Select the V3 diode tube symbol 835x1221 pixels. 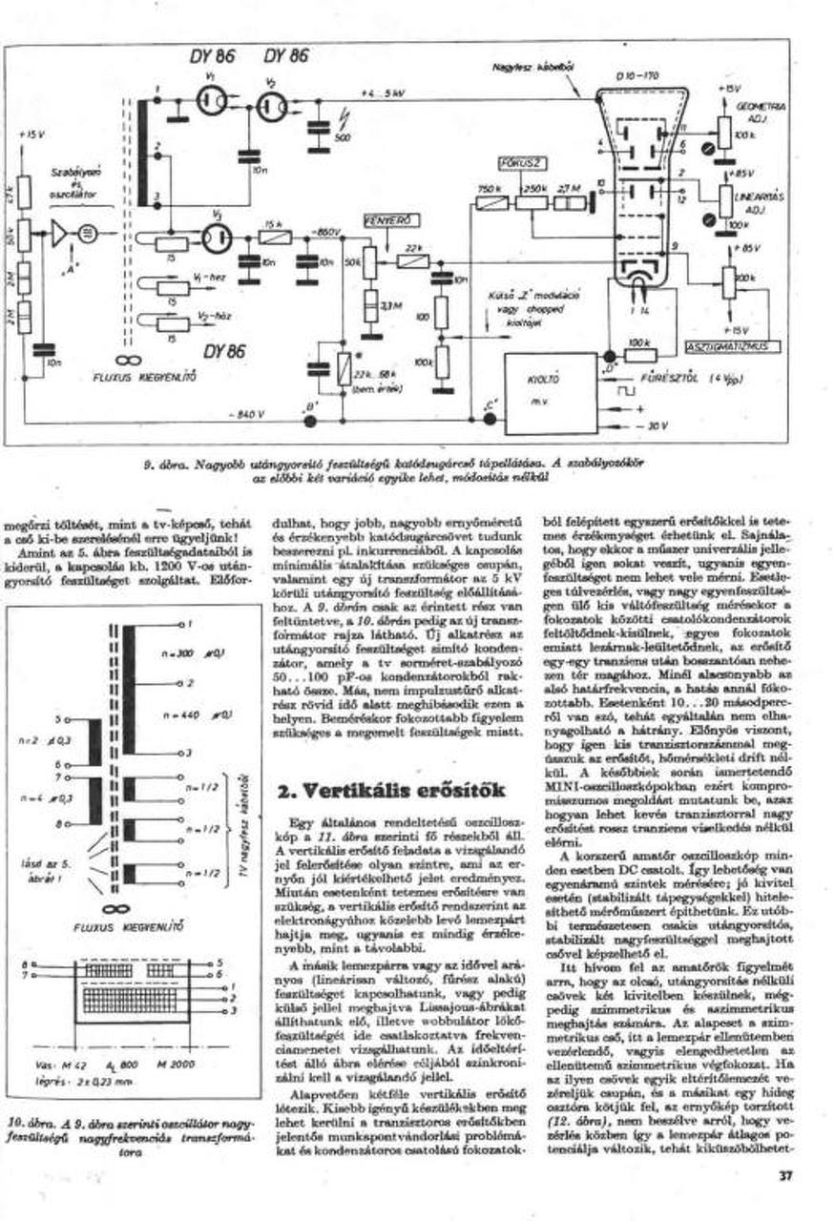tap(217, 237)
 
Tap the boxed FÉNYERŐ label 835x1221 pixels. tap(382, 221)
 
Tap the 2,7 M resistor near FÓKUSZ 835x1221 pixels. tap(571, 201)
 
